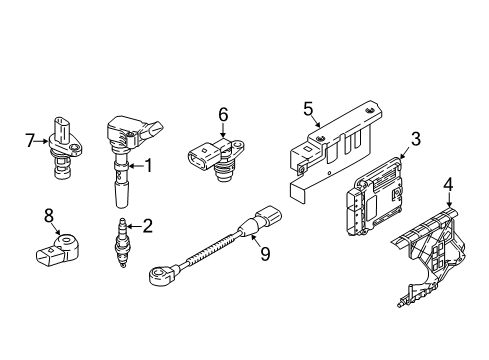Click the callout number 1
pos(147,166)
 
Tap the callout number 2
pos(147,226)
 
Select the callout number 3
pos(415,139)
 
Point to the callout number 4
pos(449,185)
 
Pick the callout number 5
pos(308,109)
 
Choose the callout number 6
pos(223,114)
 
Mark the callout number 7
pos(30,140)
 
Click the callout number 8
pos(49,216)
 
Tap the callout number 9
pos(265,254)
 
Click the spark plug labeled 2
pos(123,243)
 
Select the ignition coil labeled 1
pos(130,157)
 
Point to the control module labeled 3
pos(372,197)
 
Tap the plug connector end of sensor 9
pos(269,215)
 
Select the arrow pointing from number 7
pos(42,141)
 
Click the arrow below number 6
pos(223,131)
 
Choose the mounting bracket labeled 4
pos(430,253)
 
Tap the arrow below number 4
pos(449,200)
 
